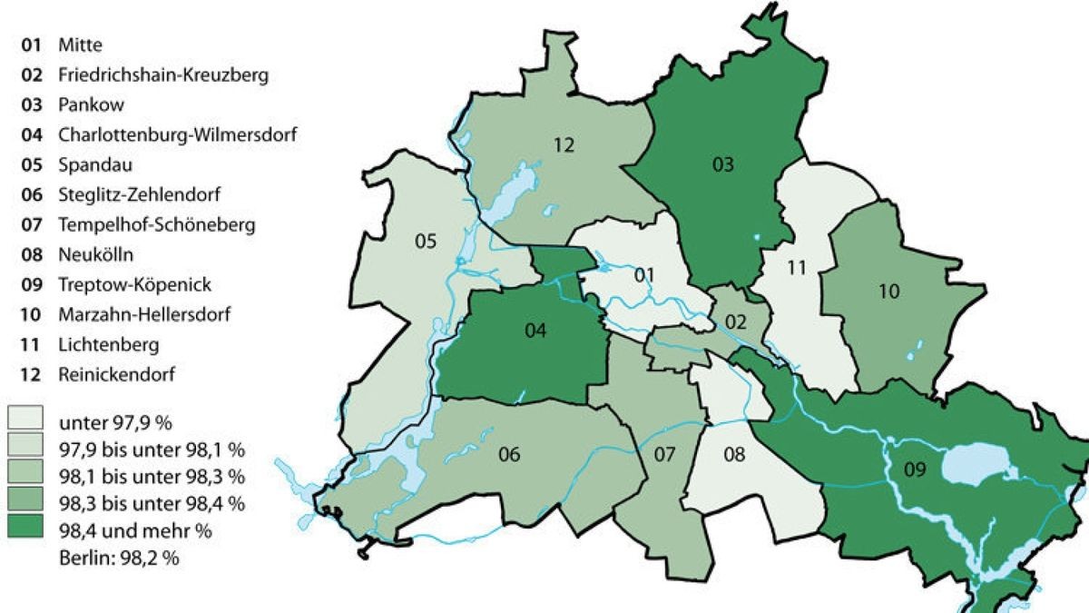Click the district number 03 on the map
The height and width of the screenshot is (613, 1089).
coord(723,164)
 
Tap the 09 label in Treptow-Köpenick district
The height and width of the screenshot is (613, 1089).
coord(914,470)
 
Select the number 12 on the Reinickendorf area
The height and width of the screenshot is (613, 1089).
coord(564,144)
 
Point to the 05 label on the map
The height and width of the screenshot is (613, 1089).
coord(426,242)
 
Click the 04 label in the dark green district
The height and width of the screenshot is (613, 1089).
coord(535,331)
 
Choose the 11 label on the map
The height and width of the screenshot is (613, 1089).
coord(796,268)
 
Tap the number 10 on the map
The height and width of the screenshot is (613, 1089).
coord(888,292)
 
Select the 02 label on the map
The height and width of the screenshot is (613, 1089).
coord(734,321)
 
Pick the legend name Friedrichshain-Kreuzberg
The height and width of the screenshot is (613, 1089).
coord(162,74)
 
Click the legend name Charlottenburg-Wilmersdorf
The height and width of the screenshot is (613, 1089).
coord(178,134)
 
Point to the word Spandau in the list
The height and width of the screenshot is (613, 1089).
coord(88,164)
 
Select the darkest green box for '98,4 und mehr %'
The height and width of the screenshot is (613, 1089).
coord(26,529)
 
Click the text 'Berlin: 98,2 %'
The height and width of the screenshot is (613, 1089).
coord(117,559)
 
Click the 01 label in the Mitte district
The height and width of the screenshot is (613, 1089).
coord(643,273)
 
